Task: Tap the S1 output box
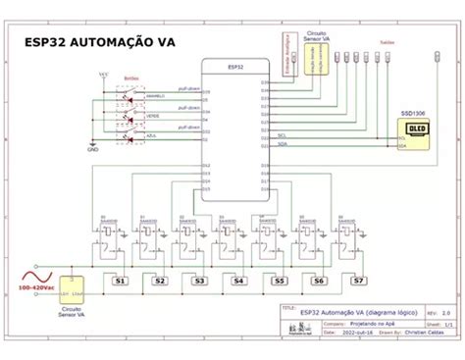[x=120, y=281]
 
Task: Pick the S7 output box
[x=358, y=281]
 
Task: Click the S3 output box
[x=199, y=281]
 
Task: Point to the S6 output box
[x=318, y=281]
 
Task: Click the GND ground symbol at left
[x=92, y=146]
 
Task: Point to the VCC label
[x=105, y=74]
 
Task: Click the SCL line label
[x=282, y=136]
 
